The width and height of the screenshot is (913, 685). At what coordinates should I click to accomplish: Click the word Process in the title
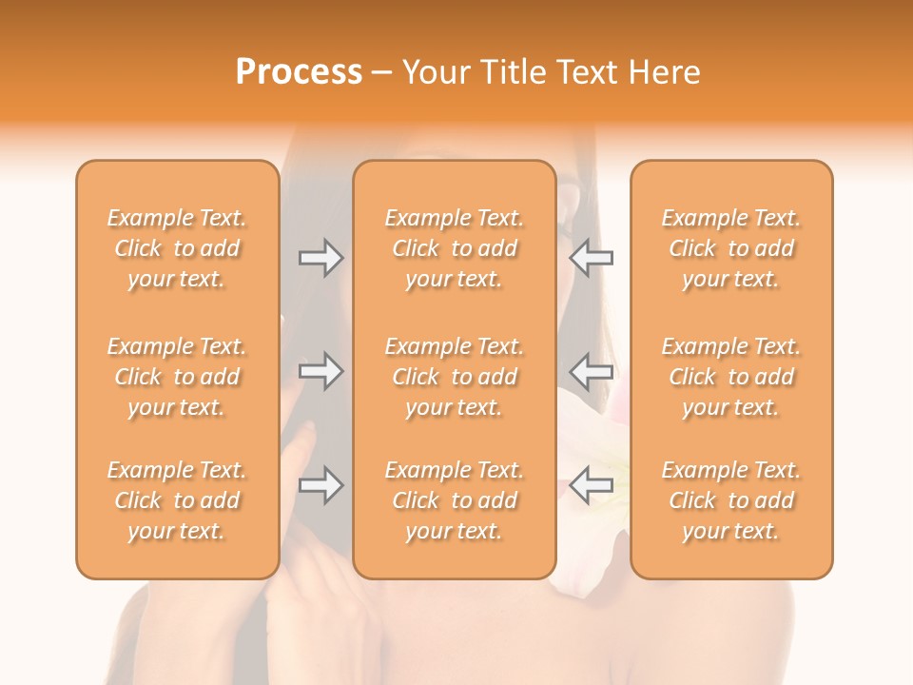299,72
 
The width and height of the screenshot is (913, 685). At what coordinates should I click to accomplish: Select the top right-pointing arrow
321,258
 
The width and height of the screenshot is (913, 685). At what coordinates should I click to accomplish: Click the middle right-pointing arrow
321,371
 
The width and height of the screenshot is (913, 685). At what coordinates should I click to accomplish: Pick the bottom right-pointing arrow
321,485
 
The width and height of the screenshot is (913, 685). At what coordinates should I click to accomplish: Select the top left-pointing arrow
592,258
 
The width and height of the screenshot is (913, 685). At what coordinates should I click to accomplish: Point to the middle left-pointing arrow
592,371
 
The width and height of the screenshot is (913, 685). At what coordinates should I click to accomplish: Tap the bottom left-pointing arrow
592,485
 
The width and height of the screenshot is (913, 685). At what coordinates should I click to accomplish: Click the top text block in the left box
177,248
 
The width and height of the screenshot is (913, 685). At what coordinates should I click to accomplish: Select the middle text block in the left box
177,377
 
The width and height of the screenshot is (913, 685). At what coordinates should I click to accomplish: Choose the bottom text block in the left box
177,500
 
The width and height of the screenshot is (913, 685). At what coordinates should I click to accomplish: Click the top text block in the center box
454,248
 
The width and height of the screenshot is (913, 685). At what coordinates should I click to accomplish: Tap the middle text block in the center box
454,377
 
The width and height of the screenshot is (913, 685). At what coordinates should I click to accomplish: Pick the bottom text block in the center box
454,500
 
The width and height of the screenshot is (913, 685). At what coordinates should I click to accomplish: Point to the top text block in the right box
730,248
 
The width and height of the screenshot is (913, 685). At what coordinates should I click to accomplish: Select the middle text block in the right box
730,377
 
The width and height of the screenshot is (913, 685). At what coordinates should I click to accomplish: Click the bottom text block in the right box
730,500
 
